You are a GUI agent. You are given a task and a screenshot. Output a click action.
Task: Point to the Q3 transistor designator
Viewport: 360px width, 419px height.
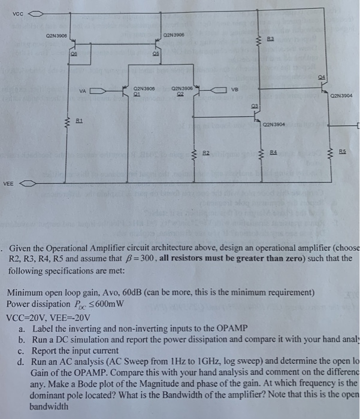[253, 107]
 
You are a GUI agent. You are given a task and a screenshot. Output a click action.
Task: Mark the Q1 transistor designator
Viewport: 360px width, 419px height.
[136, 93]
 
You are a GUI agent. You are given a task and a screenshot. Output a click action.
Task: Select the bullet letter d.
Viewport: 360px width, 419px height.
[22, 362]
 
